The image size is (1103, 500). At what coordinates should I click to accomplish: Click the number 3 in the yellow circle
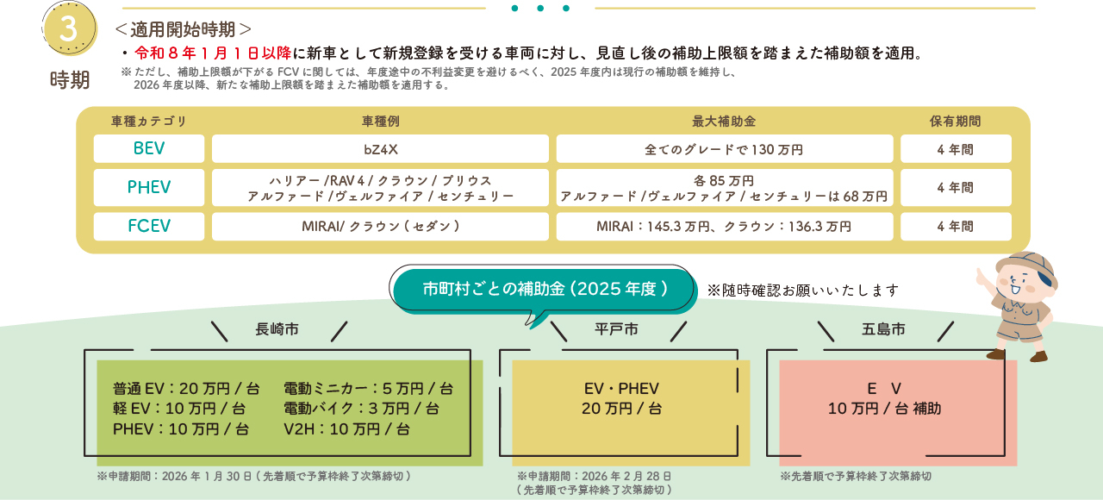click(x=69, y=28)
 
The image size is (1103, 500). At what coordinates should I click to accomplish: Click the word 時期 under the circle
click(x=70, y=80)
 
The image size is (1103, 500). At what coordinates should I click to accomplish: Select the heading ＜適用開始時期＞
click(x=184, y=29)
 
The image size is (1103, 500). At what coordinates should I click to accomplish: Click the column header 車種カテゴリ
click(x=149, y=122)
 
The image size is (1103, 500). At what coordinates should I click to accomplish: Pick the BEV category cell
click(x=149, y=148)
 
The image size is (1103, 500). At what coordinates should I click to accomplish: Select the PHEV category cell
click(x=149, y=187)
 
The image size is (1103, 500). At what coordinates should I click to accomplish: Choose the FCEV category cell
click(x=149, y=226)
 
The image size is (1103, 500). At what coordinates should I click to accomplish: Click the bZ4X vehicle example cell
click(x=380, y=149)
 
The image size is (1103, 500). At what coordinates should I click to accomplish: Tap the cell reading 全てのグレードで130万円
click(x=724, y=149)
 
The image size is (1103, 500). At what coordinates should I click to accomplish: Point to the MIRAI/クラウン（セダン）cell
click(x=380, y=226)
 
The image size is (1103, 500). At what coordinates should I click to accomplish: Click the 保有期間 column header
click(x=955, y=122)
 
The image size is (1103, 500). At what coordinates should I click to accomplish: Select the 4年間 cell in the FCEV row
click(x=955, y=226)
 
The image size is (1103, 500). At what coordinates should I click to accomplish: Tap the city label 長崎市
click(x=278, y=329)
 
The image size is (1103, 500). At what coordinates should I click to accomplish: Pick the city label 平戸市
click(x=617, y=329)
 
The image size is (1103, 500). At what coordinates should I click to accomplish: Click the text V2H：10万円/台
click(x=346, y=428)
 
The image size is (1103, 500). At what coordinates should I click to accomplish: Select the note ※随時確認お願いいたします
click(x=803, y=290)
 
